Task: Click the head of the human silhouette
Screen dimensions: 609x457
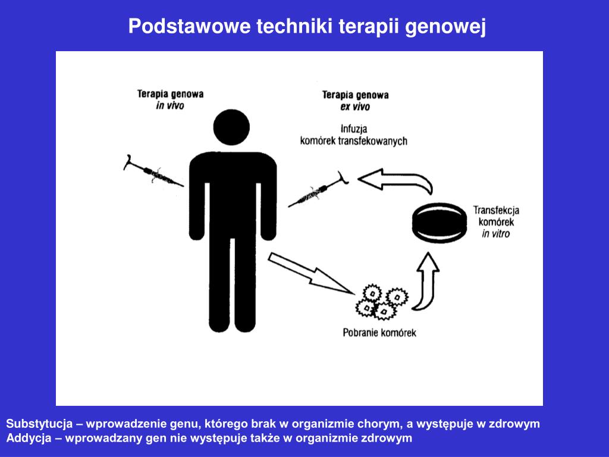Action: pos(231,127)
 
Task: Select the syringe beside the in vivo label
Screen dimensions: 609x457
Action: pos(153,171)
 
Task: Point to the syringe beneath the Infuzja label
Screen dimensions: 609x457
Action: pos(318,190)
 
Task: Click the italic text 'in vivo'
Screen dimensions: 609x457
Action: pos(169,105)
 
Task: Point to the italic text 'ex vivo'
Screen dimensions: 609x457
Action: pos(355,107)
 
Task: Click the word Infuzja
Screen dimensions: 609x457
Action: pos(354,129)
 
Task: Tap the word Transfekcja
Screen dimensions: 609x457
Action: pos(496,210)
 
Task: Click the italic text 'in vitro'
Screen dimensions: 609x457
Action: pos(495,234)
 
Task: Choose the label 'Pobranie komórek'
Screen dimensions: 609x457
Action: pos(379,333)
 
